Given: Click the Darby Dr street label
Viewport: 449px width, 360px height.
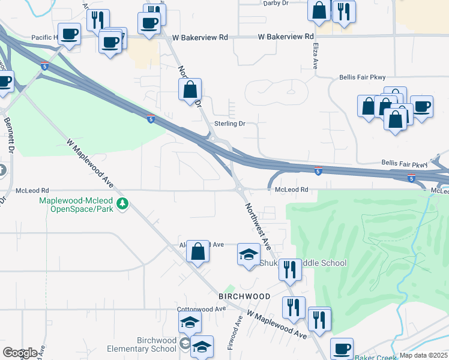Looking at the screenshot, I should [277, 3].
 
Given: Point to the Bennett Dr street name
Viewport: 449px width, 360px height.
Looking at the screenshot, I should [9, 134].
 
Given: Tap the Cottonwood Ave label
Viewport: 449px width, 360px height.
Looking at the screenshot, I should [200, 309].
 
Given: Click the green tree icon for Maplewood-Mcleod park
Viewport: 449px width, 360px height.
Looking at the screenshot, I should [122, 204].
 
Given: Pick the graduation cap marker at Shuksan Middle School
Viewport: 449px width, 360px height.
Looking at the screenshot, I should [249, 254].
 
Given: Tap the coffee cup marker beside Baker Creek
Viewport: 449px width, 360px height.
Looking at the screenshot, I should [342, 347].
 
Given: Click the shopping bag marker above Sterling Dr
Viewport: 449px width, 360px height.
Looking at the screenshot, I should [190, 89].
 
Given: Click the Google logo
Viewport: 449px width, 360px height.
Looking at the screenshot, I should [20, 353].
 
